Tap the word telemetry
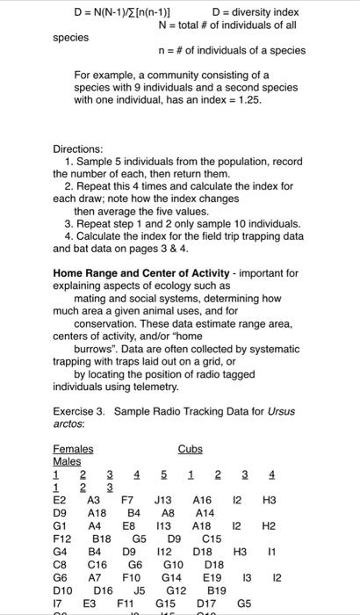pyautogui.click(x=155, y=387)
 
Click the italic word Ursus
pyautogui.click(x=280, y=412)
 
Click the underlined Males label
pyautogui.click(x=67, y=460)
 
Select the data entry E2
pyautogui.click(x=59, y=498)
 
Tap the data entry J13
pyautogui.click(x=164, y=498)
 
